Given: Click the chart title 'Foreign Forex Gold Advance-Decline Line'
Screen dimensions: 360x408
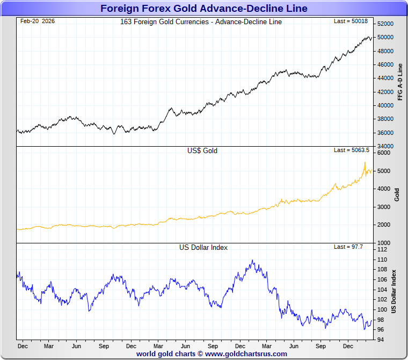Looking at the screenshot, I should pos(204,8).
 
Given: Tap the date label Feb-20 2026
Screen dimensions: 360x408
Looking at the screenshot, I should pos(37,21).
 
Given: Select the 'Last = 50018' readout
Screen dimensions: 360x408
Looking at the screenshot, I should pos(352,21).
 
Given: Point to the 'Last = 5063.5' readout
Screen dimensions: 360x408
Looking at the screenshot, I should pos(352,150).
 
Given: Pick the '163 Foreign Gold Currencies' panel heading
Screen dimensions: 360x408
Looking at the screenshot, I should pos(201,22).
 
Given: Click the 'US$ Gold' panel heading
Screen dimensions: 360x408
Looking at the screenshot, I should pos(202,151).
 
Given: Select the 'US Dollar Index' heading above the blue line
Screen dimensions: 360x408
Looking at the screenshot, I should pos(203,248).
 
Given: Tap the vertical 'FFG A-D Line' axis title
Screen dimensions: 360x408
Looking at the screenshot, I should pos(400,82).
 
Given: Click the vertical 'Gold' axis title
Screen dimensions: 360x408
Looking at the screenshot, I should pos(397,195).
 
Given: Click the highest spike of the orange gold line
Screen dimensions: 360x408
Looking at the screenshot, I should pos(365,162).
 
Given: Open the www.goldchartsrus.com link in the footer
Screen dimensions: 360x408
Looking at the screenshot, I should pos(246,354).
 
